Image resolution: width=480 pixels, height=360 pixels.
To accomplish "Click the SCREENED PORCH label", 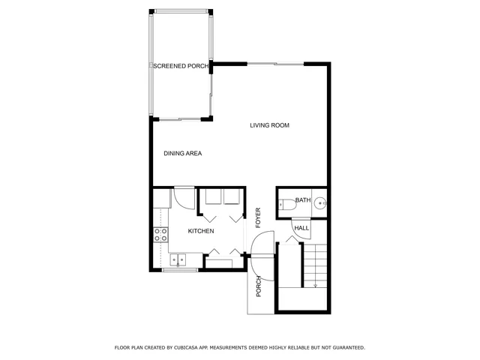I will pyautogui.click(x=180, y=67).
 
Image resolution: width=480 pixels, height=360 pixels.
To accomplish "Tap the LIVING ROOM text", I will pyautogui.click(x=269, y=125).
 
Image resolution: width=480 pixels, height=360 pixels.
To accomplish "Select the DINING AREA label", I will pyautogui.click(x=182, y=154).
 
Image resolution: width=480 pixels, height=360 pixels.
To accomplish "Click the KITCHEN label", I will pyautogui.click(x=201, y=232).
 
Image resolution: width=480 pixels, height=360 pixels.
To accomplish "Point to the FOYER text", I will pyautogui.click(x=257, y=217).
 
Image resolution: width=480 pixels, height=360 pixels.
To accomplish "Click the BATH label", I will pyautogui.click(x=302, y=200).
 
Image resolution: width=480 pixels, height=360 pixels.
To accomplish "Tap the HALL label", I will pyautogui.click(x=301, y=228).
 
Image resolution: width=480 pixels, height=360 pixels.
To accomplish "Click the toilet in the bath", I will pyautogui.click(x=286, y=203).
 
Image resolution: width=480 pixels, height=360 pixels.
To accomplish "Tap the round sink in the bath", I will pyautogui.click(x=320, y=202).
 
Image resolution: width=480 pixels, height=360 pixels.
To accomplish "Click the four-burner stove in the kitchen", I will pyautogui.click(x=160, y=235).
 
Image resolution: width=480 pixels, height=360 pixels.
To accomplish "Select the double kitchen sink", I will pyautogui.click(x=178, y=260).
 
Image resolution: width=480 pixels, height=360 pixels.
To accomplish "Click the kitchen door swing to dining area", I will pyautogui.click(x=182, y=198).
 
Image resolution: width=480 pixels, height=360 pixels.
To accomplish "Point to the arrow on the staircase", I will pyautogui.click(x=316, y=285).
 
